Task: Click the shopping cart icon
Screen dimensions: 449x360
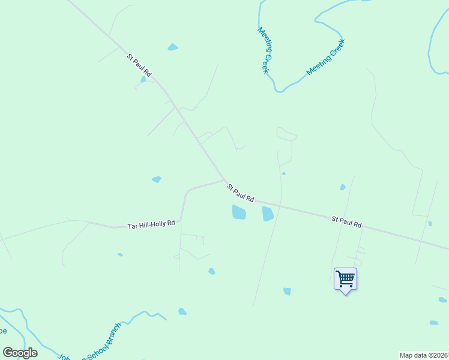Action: click(345, 278)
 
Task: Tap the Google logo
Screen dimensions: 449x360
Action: click(20, 353)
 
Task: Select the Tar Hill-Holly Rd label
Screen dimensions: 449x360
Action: click(151, 224)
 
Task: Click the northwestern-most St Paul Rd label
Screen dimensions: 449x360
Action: click(139, 65)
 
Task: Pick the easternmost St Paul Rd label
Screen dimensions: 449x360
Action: click(347, 222)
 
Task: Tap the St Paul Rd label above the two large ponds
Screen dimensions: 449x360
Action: click(241, 193)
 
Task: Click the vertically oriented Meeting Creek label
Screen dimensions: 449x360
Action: click(264, 50)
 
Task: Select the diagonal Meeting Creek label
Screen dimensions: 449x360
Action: click(326, 58)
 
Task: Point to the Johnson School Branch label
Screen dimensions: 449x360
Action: click(90, 344)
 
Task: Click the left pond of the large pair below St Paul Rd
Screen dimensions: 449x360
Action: click(239, 212)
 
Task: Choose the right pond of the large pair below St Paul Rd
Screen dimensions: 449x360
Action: click(268, 213)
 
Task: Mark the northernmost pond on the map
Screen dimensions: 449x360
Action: click(173, 47)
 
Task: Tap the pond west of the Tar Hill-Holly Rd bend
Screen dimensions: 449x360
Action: click(157, 179)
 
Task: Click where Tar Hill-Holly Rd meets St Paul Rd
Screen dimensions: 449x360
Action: click(224, 179)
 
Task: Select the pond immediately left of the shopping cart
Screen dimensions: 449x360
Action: click(287, 292)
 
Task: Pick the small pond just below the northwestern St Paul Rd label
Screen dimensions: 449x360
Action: click(143, 79)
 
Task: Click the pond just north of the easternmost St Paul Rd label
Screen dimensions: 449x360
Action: click(343, 187)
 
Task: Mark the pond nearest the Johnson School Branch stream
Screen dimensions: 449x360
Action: click(182, 311)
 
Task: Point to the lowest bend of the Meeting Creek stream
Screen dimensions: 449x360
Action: click(279, 91)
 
